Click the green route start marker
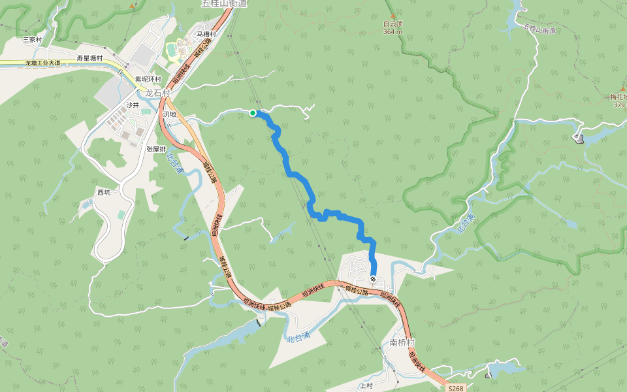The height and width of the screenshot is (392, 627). point(253,113)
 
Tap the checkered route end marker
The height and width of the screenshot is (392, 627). point(373,279)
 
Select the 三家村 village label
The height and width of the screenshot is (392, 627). point(32,40)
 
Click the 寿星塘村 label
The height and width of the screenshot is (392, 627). point(89,58)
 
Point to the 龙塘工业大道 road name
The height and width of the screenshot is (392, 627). point(42,63)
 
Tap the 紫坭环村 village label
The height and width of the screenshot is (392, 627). point(148,79)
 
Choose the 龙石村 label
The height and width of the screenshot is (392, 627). point(157,93)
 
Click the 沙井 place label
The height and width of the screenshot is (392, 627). point(133,105)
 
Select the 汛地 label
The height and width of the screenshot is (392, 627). point(169,114)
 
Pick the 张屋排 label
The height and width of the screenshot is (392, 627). point(156,149)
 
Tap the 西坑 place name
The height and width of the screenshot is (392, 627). point(104,192)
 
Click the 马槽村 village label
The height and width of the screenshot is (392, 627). point(206,34)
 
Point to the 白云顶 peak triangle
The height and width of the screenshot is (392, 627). point(393,16)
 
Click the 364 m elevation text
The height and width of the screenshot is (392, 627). point(393,31)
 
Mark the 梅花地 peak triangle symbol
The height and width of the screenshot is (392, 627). point(622,88)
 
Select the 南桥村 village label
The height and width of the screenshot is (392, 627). point(402,342)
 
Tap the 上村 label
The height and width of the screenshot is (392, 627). point(366,385)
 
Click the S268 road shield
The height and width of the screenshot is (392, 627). point(456,388)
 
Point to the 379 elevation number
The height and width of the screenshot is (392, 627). point(619,104)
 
